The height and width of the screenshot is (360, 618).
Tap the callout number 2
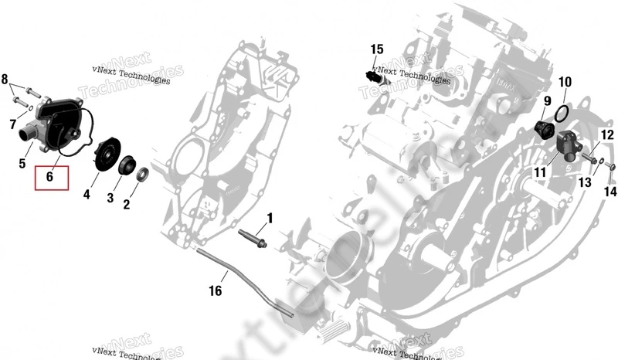pyautogui.click(x=127, y=205)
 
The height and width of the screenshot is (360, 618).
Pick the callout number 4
pyautogui.click(x=87, y=196)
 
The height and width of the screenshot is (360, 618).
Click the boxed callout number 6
pyautogui.click(x=49, y=177)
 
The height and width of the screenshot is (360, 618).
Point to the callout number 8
pyautogui.click(x=5, y=79)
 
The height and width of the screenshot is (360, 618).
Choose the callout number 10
pyautogui.click(x=565, y=82)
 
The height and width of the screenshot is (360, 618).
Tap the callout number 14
pyautogui.click(x=610, y=192)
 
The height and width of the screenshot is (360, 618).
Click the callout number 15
pyautogui.click(x=376, y=49)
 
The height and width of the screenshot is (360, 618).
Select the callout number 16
pyautogui.click(x=215, y=291)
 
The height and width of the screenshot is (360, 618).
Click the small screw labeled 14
pyautogui.click(x=610, y=166)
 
